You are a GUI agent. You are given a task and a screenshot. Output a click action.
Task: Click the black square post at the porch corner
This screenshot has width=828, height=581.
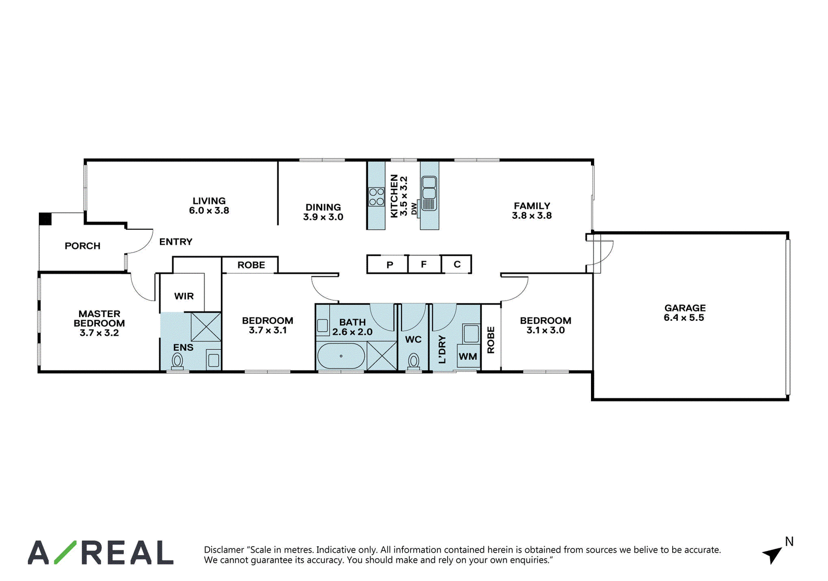(45, 219)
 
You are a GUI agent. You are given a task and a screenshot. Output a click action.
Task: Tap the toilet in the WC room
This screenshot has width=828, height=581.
(413, 361)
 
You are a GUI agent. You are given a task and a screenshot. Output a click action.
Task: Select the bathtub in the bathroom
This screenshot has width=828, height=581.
(341, 356)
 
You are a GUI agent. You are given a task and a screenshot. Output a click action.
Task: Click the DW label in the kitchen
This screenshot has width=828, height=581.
(414, 208)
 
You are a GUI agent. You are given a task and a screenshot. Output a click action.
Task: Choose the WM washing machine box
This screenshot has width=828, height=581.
(468, 356)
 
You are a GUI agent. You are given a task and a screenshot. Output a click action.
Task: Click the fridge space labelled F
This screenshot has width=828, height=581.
(424, 264)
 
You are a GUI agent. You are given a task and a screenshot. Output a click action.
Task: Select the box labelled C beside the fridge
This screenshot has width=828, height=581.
(456, 264)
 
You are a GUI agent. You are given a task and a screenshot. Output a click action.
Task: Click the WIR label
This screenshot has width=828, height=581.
(184, 296)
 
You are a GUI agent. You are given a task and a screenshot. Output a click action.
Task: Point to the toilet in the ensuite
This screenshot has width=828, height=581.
(178, 361)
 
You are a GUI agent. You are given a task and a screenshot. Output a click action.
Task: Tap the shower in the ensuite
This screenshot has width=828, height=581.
(206, 327)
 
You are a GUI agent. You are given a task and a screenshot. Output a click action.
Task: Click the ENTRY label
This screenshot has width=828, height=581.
(176, 242)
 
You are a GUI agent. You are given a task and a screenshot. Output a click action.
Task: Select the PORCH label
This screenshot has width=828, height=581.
(82, 246)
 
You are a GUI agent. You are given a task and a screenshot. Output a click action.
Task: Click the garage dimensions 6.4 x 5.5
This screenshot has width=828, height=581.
(684, 318)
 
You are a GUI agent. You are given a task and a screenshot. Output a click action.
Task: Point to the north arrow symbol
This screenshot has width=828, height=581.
(773, 555)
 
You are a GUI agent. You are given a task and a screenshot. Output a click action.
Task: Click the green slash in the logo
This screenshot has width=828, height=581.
(65, 552)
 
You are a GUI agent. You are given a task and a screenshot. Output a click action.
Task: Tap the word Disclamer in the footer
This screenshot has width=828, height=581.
(224, 549)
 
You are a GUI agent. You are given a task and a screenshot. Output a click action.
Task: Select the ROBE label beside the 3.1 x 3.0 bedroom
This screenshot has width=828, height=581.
(491, 340)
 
